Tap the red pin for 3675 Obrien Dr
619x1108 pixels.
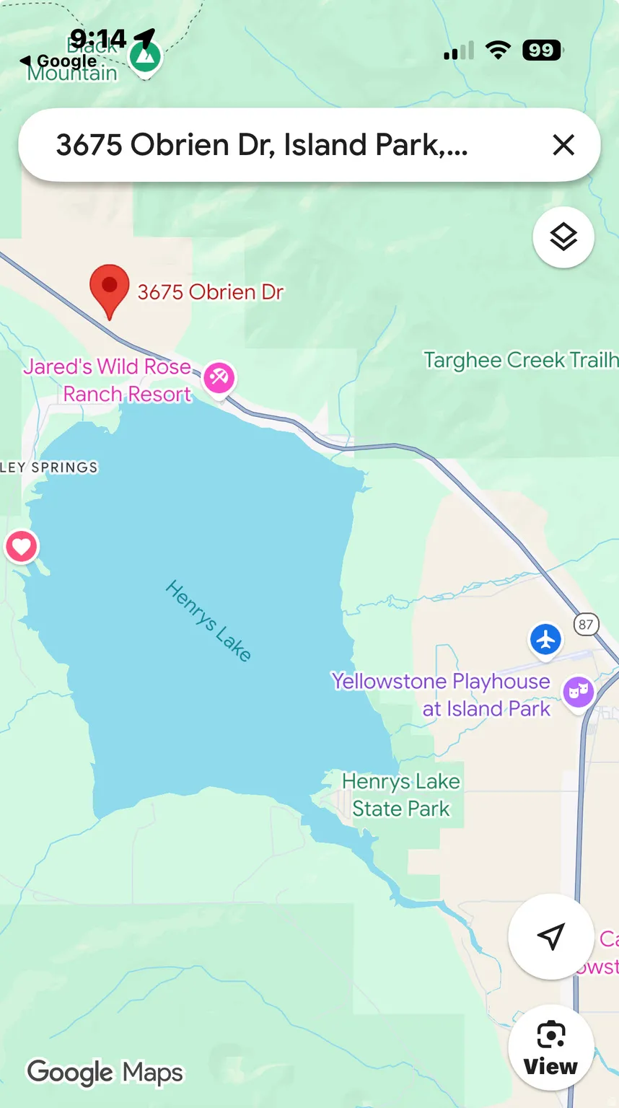point(110,287)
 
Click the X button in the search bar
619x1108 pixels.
point(563,145)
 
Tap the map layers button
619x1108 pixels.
point(563,237)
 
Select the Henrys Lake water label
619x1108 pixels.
point(208,620)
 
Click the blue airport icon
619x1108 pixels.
point(546,639)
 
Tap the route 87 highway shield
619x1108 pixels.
point(586,624)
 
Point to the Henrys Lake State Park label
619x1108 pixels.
point(401,795)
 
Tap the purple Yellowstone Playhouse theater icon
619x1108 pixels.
point(579,692)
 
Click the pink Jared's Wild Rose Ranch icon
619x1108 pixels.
point(219,377)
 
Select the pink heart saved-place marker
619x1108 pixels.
point(22,547)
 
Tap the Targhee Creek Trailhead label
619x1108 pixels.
point(519,360)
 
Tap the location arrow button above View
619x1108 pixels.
point(551,936)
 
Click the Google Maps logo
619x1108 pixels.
point(105,1073)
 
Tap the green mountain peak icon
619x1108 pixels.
point(145,57)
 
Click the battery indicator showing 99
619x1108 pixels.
point(543,50)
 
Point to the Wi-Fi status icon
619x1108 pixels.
point(498,50)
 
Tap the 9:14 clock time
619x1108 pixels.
point(98,38)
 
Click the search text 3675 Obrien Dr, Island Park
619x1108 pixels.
point(262,145)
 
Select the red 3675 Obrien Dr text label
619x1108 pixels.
point(210,292)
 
